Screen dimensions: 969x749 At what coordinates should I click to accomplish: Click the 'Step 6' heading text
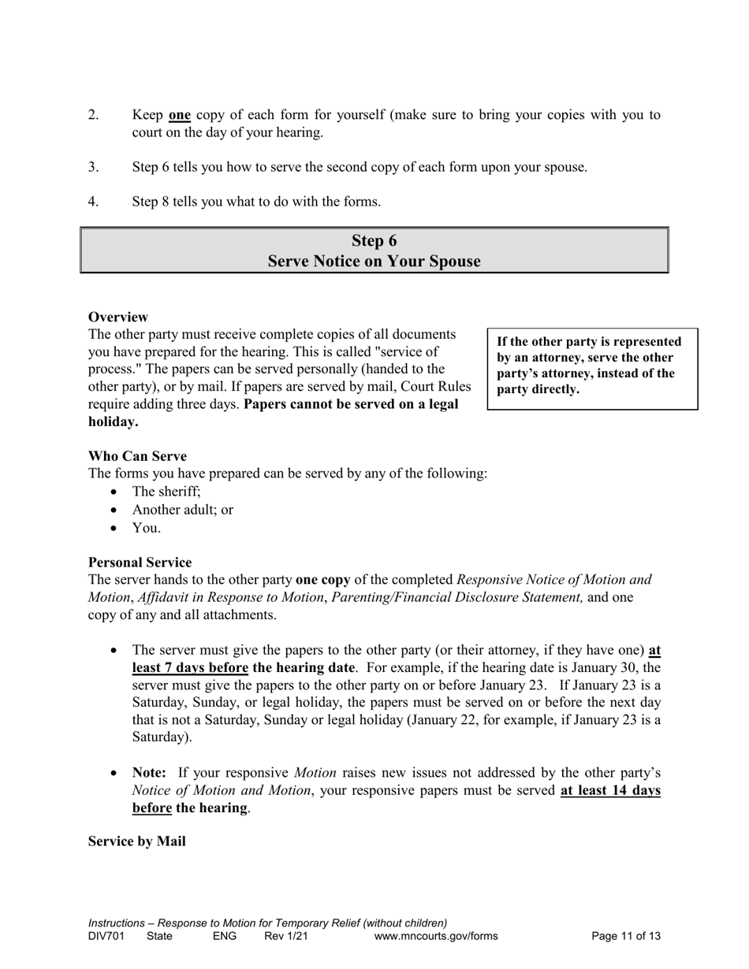374,241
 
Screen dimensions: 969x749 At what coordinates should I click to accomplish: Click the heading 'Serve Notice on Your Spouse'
374,262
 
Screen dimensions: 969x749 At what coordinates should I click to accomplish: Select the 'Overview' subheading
117,317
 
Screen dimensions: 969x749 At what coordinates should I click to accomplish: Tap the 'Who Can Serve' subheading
137,456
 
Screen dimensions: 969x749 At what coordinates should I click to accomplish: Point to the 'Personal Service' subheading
140,562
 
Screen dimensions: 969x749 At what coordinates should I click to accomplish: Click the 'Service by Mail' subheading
136,841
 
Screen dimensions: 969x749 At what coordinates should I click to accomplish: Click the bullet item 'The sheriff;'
166,492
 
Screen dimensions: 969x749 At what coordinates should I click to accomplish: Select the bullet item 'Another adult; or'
182,510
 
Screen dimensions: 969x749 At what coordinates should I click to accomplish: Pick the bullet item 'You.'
146,528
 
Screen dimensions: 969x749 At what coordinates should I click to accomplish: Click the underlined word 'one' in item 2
180,115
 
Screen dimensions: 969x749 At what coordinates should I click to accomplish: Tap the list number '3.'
94,167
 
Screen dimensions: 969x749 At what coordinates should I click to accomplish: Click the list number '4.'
94,202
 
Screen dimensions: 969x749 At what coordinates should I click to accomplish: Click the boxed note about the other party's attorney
592,366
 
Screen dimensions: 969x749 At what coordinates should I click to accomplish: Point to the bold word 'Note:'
149,773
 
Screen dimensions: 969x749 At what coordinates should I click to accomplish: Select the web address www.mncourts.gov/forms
436,936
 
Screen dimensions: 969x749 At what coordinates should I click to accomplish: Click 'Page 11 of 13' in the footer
626,936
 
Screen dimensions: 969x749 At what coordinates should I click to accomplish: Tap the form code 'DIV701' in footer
106,936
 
